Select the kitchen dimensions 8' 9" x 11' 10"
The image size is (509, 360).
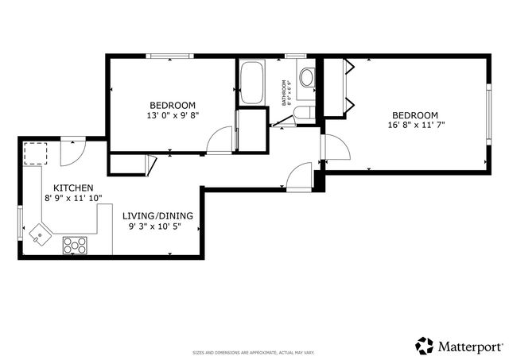pos(72,198)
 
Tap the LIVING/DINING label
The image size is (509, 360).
pos(157,215)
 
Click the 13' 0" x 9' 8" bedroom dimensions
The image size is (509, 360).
pos(173,115)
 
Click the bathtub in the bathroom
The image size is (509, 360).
pos(252,83)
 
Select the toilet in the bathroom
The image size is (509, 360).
pos(307,77)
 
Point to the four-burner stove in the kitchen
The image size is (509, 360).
pos(75,246)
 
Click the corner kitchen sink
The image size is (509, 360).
pos(40,234)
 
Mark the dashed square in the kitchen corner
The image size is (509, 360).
pos(36,152)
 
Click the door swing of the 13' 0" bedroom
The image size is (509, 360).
pos(218,141)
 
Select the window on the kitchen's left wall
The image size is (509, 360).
pos(20,219)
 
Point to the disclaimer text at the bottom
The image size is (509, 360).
pos(254,352)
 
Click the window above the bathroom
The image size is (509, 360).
pos(295,56)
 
